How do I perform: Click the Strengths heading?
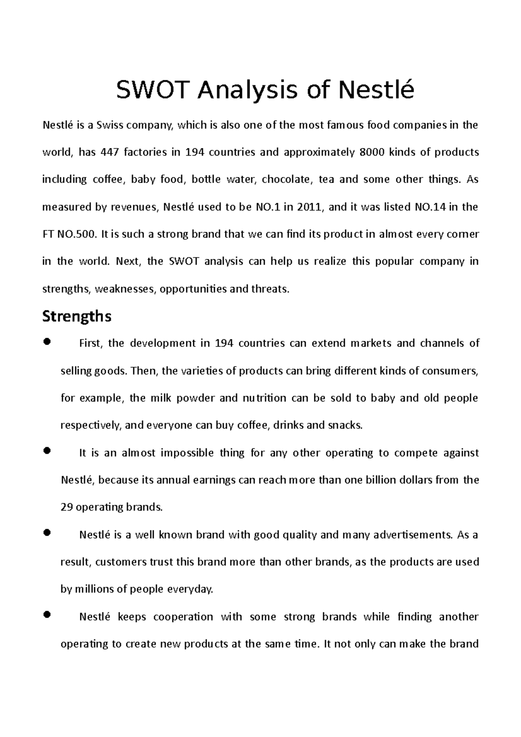click(x=76, y=316)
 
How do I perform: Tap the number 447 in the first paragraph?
click(x=109, y=152)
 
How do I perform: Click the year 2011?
click(x=309, y=207)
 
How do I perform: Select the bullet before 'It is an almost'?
click(x=48, y=451)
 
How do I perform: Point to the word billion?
click(x=383, y=480)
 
